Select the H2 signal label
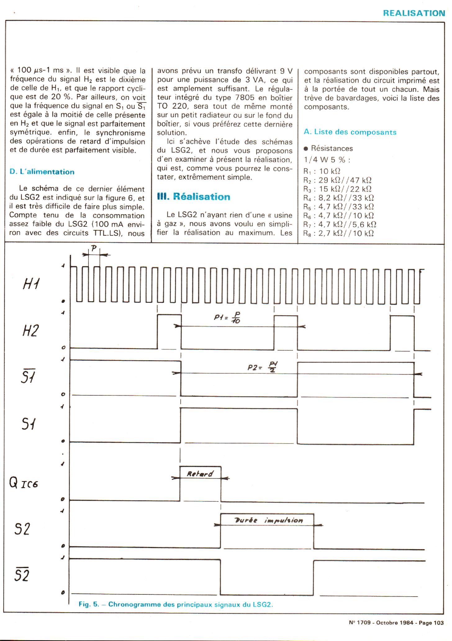tap(30, 331)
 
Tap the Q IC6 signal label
tap(24, 483)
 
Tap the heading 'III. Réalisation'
tap(194, 197)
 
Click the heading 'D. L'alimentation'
tap(42, 172)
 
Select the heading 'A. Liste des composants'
tap(350, 132)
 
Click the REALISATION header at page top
tap(414, 13)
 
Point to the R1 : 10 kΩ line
tap(322, 171)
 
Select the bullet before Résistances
tap(306, 149)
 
